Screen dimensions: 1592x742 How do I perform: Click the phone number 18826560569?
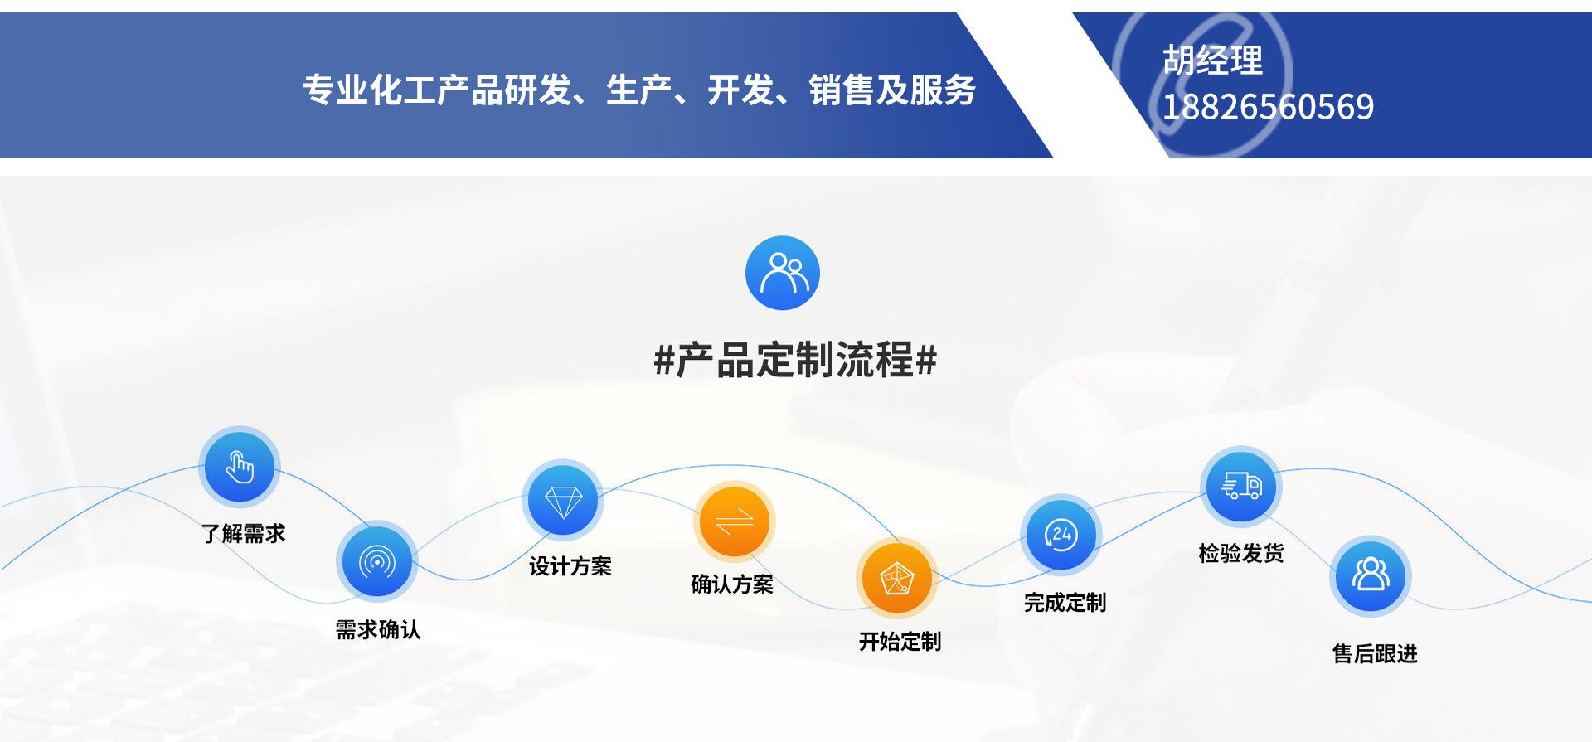[x=1268, y=107]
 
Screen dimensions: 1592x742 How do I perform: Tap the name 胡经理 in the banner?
[x=1212, y=60]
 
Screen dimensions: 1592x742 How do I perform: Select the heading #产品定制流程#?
[x=795, y=360]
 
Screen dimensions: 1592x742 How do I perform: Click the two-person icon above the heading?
[x=782, y=273]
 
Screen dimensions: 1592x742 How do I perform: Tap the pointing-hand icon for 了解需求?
[x=239, y=467]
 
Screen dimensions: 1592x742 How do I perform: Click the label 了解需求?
[x=243, y=533]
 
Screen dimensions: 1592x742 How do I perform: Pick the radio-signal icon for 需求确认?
[x=377, y=561]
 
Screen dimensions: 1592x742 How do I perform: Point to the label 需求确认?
[x=377, y=630]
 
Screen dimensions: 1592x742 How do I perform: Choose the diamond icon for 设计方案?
[x=563, y=501]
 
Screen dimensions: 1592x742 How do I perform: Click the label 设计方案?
[x=570, y=566]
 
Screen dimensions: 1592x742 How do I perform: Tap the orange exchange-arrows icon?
[x=734, y=521]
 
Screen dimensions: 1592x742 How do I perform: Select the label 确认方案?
[x=732, y=584]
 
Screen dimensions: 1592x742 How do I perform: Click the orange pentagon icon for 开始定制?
[x=895, y=578]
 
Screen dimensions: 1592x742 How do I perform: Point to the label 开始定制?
[x=900, y=642]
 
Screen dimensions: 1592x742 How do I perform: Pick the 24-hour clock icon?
[x=1061, y=535]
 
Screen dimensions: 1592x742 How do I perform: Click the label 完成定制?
[x=1065, y=603]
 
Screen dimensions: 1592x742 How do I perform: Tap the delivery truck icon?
[x=1241, y=486]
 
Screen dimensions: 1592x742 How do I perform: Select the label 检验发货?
[x=1241, y=553]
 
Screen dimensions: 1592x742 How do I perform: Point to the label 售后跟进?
[x=1375, y=654]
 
